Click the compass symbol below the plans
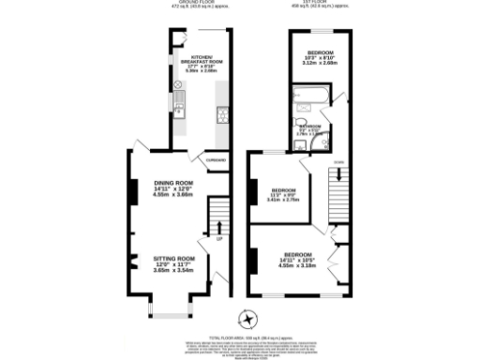tap(247, 317)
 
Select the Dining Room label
tap(173, 188)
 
